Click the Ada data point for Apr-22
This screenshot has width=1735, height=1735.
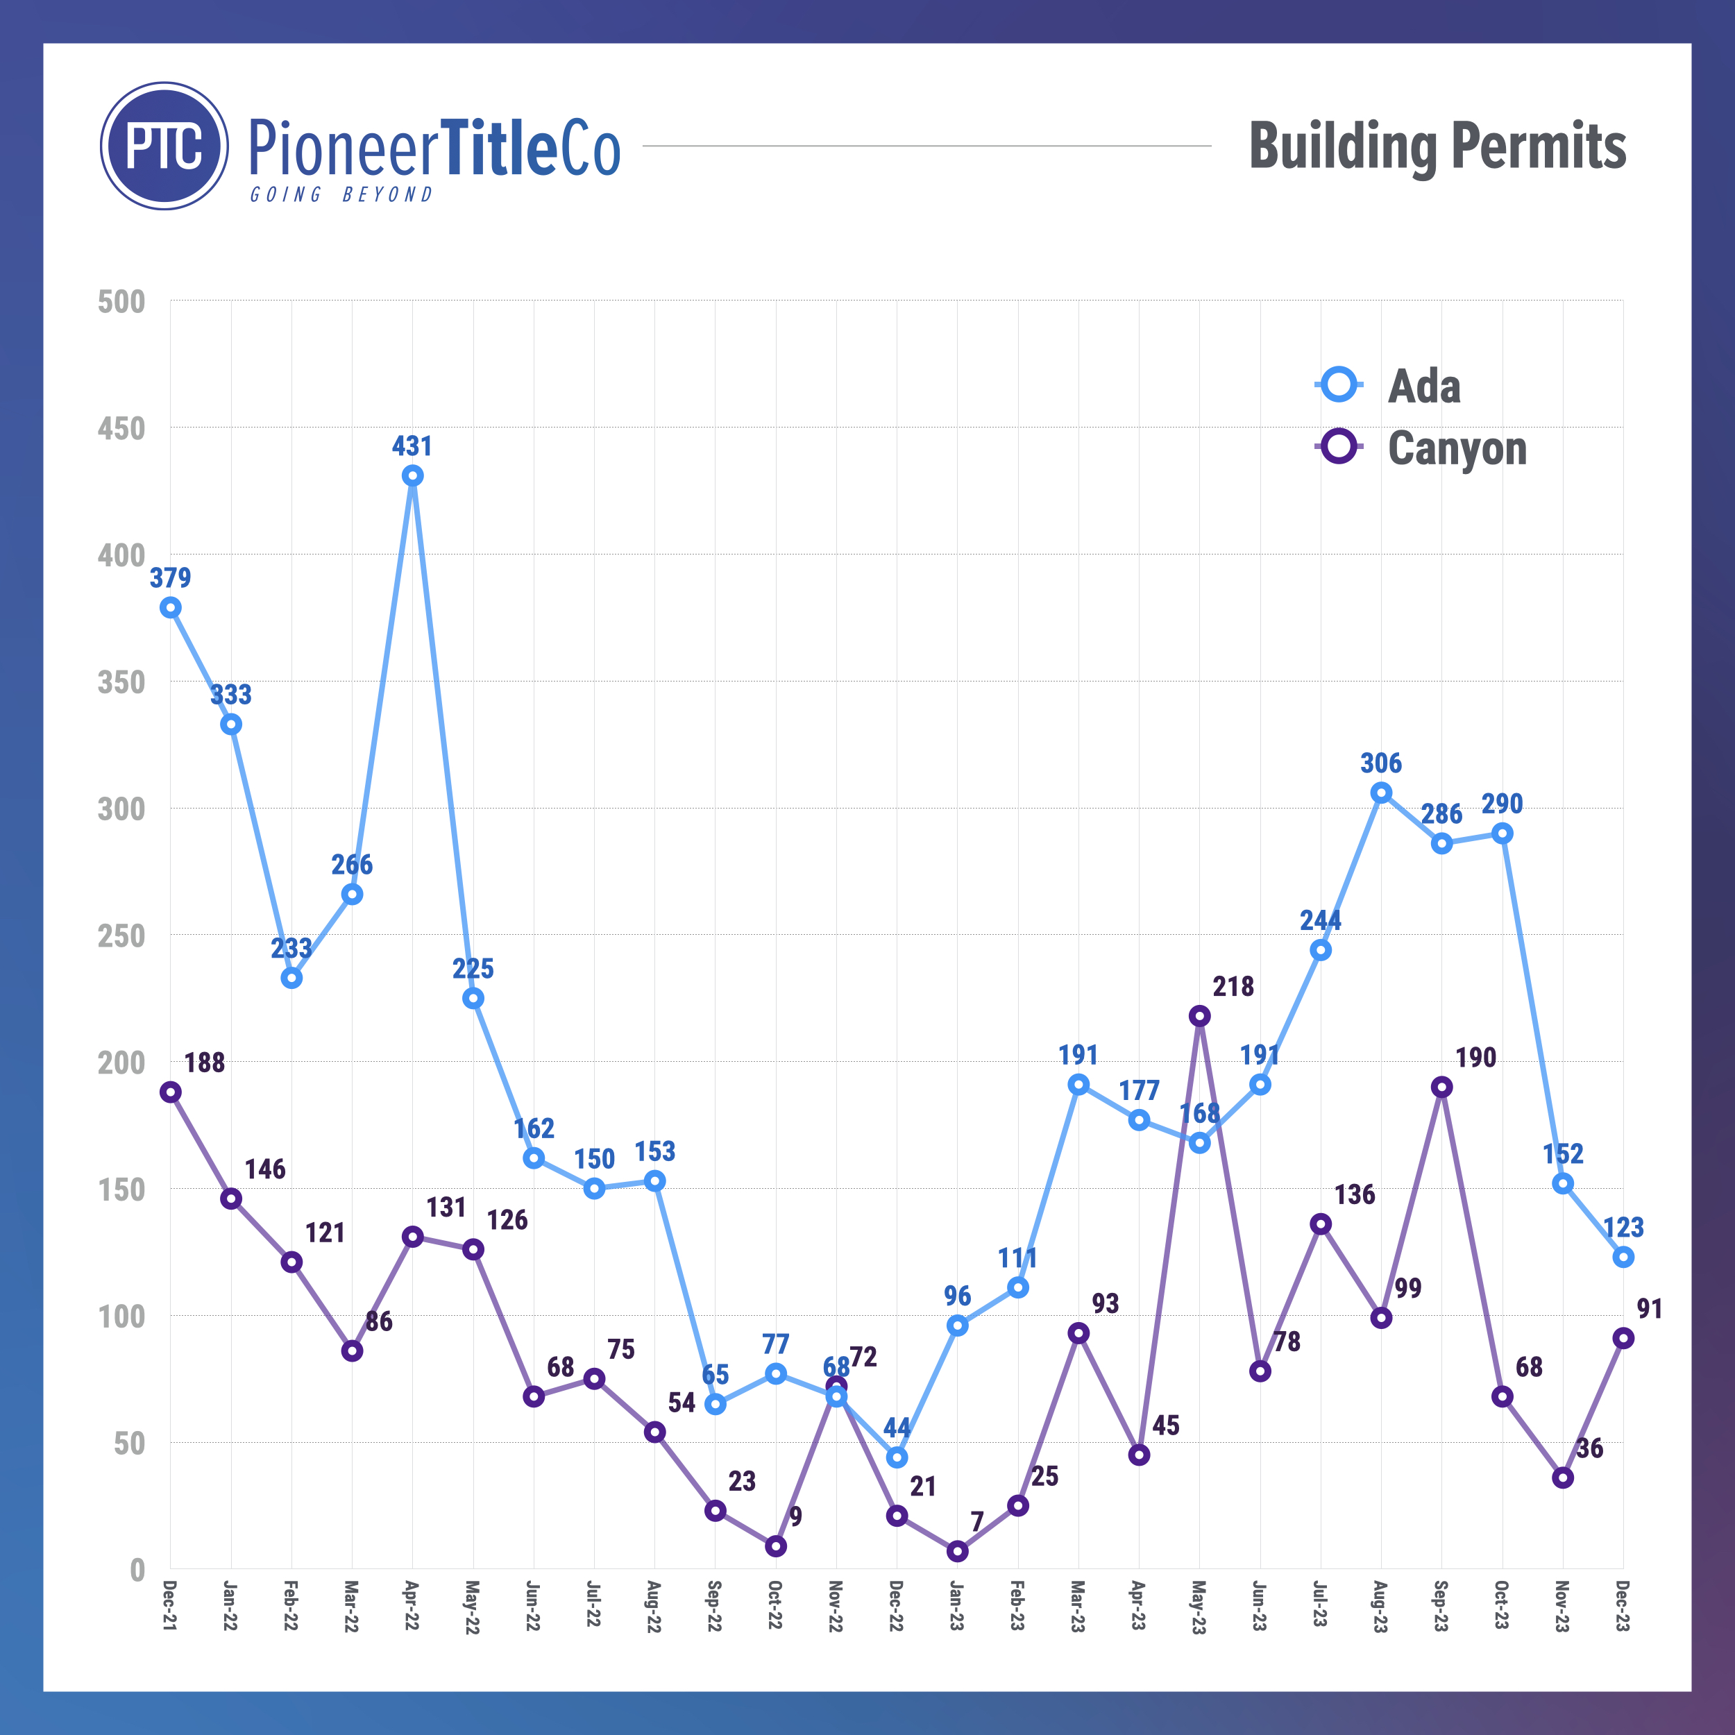pos(412,476)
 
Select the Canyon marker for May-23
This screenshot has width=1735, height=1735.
pos(1199,1016)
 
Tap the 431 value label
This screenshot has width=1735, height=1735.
pos(412,446)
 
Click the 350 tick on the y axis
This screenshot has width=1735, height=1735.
pos(121,682)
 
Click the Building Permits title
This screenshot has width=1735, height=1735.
pos(1437,146)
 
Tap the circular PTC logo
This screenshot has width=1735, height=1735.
pos(164,146)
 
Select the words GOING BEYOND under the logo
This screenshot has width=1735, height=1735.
pos(341,195)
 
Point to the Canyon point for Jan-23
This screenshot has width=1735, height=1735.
pos(957,1551)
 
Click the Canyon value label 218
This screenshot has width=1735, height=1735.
pos(1233,987)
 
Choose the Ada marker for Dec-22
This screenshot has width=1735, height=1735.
pos(896,1457)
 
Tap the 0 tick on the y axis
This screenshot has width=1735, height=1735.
pos(137,1570)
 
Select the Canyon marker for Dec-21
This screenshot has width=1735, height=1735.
pos(171,1092)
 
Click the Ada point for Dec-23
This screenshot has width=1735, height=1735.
pos(1623,1258)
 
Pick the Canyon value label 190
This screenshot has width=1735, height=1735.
pos(1475,1058)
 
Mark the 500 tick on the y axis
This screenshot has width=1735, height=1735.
pos(121,302)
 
